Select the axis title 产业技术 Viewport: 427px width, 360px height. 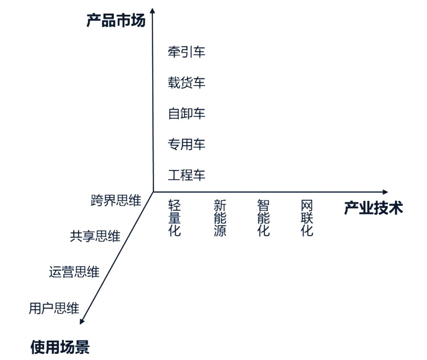coord(373,208)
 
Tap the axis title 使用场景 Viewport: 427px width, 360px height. coord(60,347)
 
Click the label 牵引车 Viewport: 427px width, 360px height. coord(186,52)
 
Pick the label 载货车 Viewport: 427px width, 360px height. coord(186,83)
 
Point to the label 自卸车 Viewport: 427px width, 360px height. coord(186,114)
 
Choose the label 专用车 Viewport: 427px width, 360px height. coord(186,144)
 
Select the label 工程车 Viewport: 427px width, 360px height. coord(186,175)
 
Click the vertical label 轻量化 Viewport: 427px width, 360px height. coord(174,218)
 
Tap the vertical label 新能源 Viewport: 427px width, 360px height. coord(220,218)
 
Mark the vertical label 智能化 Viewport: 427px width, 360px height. coord(264,218)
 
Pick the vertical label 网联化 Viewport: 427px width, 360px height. coord(307,218)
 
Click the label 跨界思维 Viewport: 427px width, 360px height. coord(116,200)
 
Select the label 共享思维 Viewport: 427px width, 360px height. coord(95,236)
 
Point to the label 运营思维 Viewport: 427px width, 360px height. coord(74,272)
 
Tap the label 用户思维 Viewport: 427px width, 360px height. coord(54,308)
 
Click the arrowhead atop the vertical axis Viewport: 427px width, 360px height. coord(153,10)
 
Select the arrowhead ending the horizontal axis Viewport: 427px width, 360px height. coord(385,192)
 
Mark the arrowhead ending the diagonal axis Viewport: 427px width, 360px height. coord(82,322)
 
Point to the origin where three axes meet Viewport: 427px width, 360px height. coord(153,192)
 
